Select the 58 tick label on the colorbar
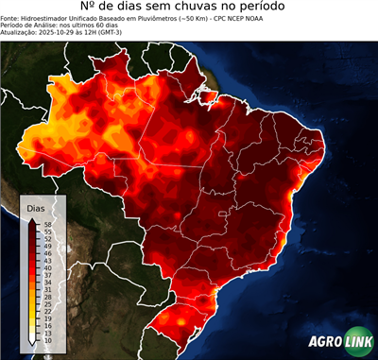[46, 223]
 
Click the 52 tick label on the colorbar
[46, 238]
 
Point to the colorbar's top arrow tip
[32, 218]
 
